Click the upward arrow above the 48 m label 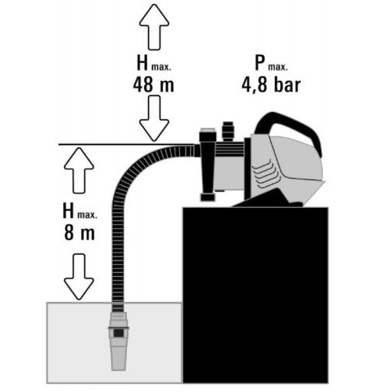click(154, 27)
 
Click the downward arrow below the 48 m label click(154, 119)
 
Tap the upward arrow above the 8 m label click(79, 171)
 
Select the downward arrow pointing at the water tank click(79, 276)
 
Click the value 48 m click(153, 85)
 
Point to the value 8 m click(79, 233)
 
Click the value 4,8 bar click(271, 85)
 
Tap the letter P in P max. click(260, 63)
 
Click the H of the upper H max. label click(143, 63)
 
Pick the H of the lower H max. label click(68, 211)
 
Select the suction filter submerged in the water click(118, 341)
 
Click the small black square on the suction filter click(119, 333)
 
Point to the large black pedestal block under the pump click(255, 295)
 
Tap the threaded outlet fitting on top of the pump click(228, 131)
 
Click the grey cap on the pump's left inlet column click(207, 130)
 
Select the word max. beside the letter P click(278, 67)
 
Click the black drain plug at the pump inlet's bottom click(208, 197)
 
